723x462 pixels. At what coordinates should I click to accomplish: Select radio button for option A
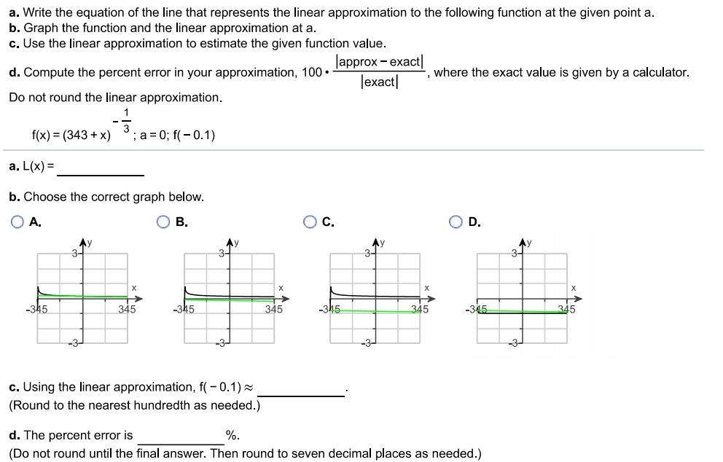click(x=17, y=222)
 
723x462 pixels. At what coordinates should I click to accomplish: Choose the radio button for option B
click(x=164, y=222)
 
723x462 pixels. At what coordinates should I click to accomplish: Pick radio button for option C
click(x=310, y=222)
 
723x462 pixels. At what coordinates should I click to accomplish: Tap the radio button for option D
click(x=457, y=222)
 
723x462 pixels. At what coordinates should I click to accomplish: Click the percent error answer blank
click(x=181, y=436)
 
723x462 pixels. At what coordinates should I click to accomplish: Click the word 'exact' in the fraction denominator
click(x=379, y=82)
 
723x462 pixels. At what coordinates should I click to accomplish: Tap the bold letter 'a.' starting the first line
click(x=14, y=12)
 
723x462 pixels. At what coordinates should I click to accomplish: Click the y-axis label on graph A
click(x=89, y=241)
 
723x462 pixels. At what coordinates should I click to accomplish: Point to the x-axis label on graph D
click(x=574, y=289)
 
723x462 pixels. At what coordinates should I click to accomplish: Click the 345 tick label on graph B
click(x=274, y=309)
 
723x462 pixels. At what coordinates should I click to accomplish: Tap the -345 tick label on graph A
click(x=36, y=309)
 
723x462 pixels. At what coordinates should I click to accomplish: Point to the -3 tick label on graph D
click(x=513, y=343)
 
